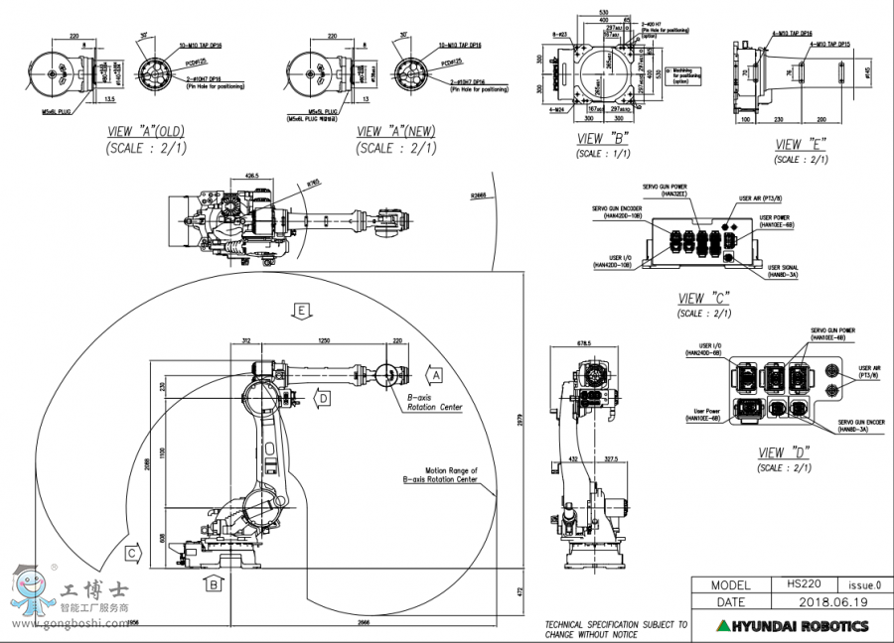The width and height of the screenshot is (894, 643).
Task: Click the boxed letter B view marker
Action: [213, 584]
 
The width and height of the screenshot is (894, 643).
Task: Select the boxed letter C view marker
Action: [131, 553]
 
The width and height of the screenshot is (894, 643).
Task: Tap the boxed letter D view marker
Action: [324, 398]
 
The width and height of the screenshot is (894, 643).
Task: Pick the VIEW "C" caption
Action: [704, 299]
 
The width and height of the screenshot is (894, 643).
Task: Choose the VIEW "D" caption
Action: [784, 452]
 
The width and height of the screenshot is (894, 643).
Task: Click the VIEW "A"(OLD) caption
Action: [146, 132]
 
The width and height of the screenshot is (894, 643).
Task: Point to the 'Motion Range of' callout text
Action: [452, 470]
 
